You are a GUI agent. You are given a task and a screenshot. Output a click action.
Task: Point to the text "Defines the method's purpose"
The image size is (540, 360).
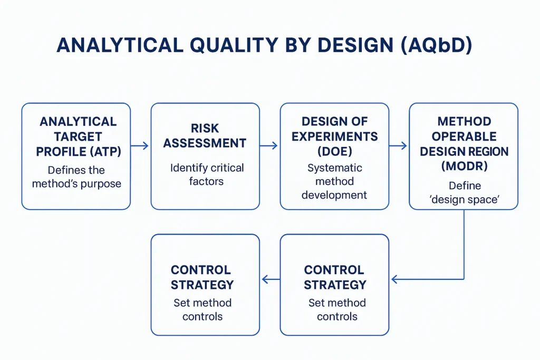pyautogui.click(x=76, y=177)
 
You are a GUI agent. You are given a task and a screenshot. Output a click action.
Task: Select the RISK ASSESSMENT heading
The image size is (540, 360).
pyautogui.click(x=205, y=135)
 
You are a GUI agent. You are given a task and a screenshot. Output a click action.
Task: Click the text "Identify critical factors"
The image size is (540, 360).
pyautogui.click(x=207, y=174)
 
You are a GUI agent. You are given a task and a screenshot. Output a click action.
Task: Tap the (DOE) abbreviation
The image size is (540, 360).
pyautogui.click(x=334, y=151)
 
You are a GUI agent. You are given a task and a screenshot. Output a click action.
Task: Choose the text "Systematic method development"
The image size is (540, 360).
pyautogui.click(x=334, y=181)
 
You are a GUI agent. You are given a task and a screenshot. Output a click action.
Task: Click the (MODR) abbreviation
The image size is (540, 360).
pyautogui.click(x=464, y=167)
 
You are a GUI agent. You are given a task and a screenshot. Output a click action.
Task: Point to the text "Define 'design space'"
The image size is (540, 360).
pyautogui.click(x=464, y=193)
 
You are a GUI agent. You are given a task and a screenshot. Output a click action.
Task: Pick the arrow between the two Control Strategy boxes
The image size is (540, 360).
pyautogui.click(x=270, y=279)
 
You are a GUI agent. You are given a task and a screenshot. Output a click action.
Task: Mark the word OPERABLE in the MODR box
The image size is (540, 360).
pyautogui.click(x=464, y=137)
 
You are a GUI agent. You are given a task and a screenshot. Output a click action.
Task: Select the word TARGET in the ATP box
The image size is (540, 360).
pyautogui.click(x=76, y=137)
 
